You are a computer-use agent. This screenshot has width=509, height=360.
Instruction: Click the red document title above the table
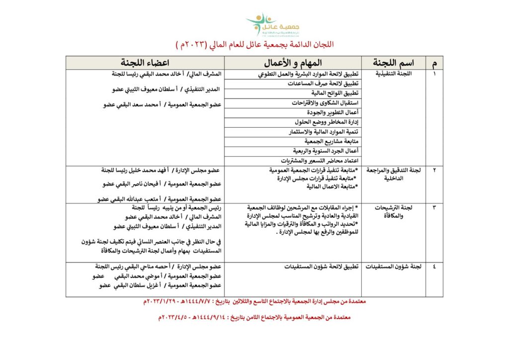(x=254, y=45)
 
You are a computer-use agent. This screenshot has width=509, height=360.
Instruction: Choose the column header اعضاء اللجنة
(x=146, y=63)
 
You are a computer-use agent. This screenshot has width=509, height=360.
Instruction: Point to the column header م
(x=435, y=63)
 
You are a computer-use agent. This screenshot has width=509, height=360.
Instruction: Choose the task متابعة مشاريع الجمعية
(x=329, y=141)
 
